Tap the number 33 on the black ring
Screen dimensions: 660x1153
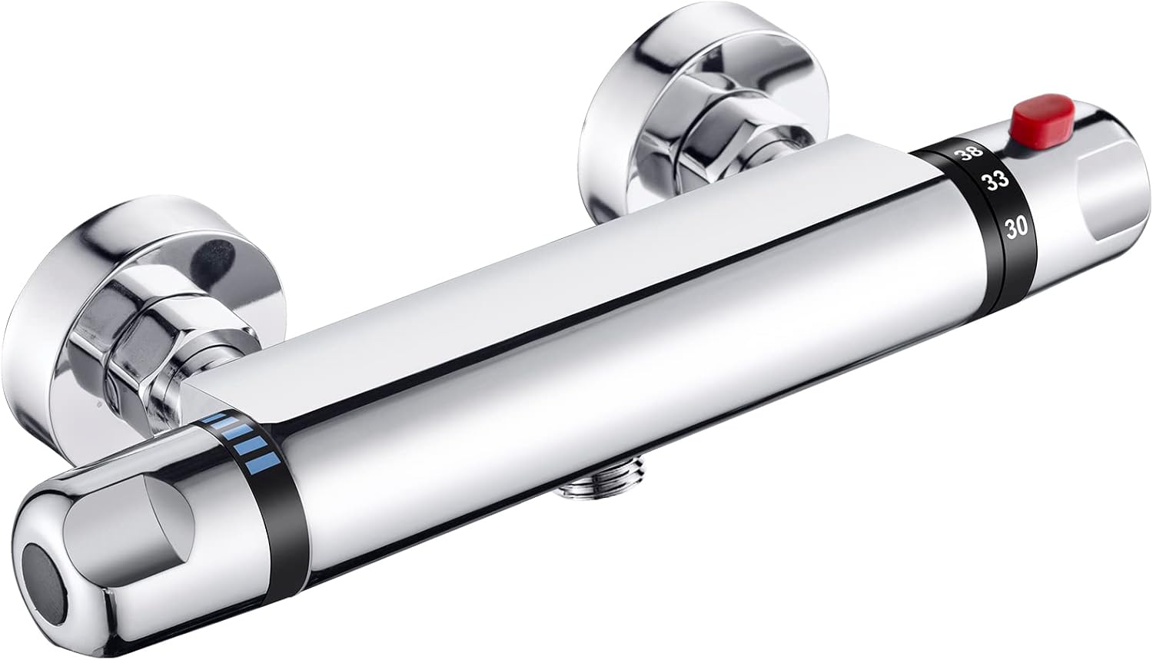click(996, 182)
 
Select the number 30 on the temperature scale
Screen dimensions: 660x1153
click(1017, 226)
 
